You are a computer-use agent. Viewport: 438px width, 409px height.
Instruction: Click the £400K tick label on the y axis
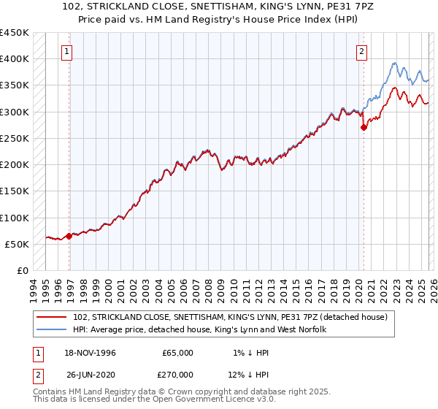[x=15, y=59]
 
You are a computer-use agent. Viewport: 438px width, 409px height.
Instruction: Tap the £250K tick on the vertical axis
[x=15, y=138]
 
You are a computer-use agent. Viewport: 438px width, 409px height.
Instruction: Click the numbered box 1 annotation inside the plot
[x=66, y=51]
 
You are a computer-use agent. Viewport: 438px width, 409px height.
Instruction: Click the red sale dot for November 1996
[x=69, y=236]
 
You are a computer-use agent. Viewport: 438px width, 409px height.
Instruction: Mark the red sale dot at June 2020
[x=364, y=127]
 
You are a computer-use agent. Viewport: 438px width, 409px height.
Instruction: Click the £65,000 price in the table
[x=177, y=353]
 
